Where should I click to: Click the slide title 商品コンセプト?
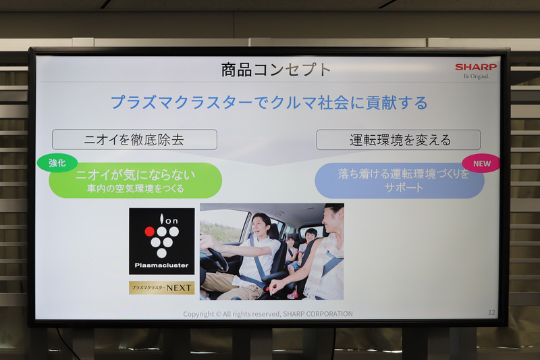(277, 70)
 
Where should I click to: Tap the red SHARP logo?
(475, 68)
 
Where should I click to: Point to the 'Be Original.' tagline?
(476, 76)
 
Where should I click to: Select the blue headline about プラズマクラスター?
(269, 103)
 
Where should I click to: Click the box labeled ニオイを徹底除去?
(134, 140)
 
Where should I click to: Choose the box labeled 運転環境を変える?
(398, 140)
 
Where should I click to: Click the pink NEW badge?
(481, 163)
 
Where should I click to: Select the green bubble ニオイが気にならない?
(135, 180)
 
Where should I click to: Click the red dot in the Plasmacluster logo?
(150, 231)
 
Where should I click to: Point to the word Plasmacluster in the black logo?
(161, 265)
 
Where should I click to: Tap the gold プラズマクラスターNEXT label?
(161, 288)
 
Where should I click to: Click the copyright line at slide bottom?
(268, 313)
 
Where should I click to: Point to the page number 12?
(491, 312)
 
